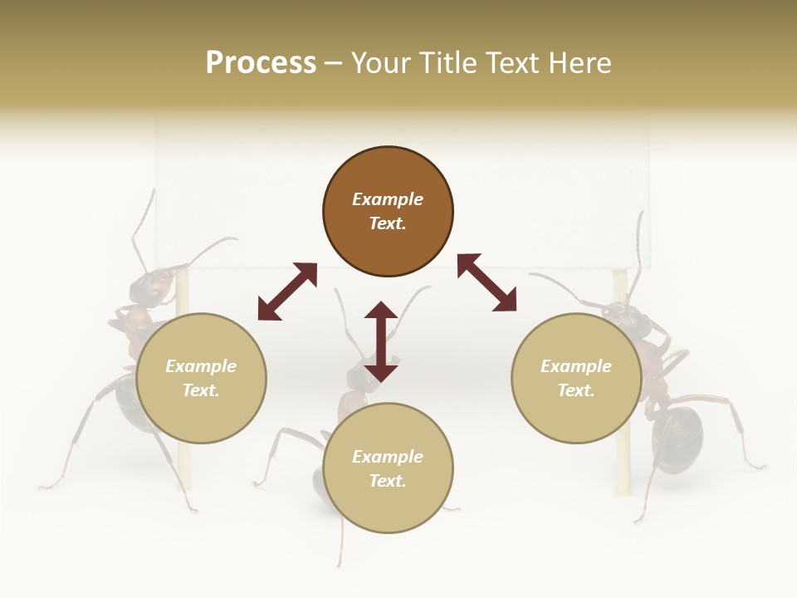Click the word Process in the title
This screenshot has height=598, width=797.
click(261, 63)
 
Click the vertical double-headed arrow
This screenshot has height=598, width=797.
click(381, 341)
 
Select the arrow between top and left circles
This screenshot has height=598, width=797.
click(287, 292)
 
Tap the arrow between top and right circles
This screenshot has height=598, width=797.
click(487, 283)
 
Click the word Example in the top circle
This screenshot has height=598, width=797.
click(388, 199)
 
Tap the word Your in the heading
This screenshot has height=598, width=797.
click(380, 63)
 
